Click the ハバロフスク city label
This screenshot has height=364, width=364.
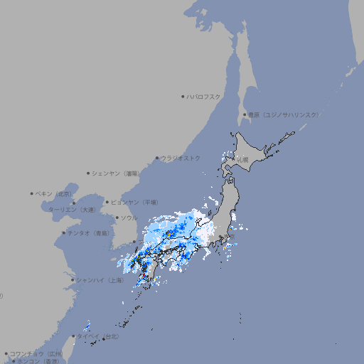(204, 96)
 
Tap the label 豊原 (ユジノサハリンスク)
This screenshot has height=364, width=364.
(283, 114)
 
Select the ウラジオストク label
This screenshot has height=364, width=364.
(181, 158)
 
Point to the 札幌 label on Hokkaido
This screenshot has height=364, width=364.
(243, 160)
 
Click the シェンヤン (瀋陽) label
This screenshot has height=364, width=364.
(117, 173)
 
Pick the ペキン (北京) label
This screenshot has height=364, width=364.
(54, 193)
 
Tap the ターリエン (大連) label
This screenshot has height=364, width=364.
(72, 210)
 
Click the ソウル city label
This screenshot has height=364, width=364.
(129, 218)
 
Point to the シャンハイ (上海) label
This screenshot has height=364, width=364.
(100, 280)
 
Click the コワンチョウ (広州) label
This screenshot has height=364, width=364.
(36, 353)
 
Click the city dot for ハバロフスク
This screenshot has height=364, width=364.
(183, 96)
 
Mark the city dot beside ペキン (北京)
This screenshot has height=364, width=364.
(32, 193)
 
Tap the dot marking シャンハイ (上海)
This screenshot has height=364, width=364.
(73, 280)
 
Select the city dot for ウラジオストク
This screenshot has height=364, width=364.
(158, 158)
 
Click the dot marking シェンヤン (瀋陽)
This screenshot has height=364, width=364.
(88, 173)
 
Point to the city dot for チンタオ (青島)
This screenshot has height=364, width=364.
(63, 233)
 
